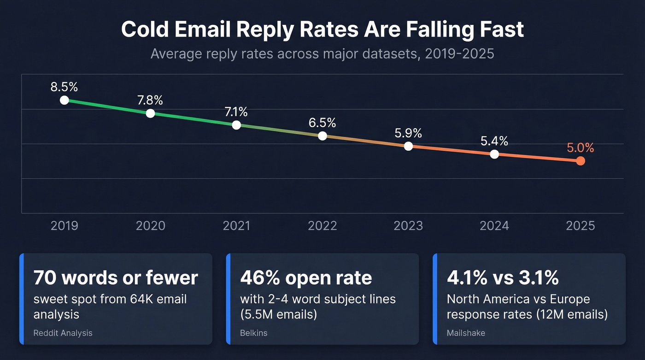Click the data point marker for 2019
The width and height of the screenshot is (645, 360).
(x=64, y=100)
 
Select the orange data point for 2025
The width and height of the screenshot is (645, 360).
(x=580, y=161)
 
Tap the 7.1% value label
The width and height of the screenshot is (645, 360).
(x=236, y=112)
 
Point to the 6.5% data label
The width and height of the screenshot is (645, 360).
(x=322, y=123)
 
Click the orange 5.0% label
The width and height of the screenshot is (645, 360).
(x=580, y=148)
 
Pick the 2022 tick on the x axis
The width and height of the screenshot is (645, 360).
(x=322, y=226)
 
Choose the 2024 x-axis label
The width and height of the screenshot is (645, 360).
(x=494, y=226)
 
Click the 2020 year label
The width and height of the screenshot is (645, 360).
(x=150, y=226)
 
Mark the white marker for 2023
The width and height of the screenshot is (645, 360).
(x=408, y=146)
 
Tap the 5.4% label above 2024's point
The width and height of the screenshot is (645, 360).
(x=494, y=141)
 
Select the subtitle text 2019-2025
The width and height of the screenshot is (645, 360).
(x=459, y=54)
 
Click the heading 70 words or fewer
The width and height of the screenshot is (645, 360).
(x=116, y=278)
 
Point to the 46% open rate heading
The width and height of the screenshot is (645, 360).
(x=306, y=278)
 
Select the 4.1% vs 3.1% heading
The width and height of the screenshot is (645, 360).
(x=503, y=278)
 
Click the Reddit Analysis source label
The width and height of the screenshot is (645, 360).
(x=63, y=333)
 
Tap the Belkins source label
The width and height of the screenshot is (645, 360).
(x=254, y=333)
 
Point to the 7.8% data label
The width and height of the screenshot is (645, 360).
(x=150, y=100)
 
